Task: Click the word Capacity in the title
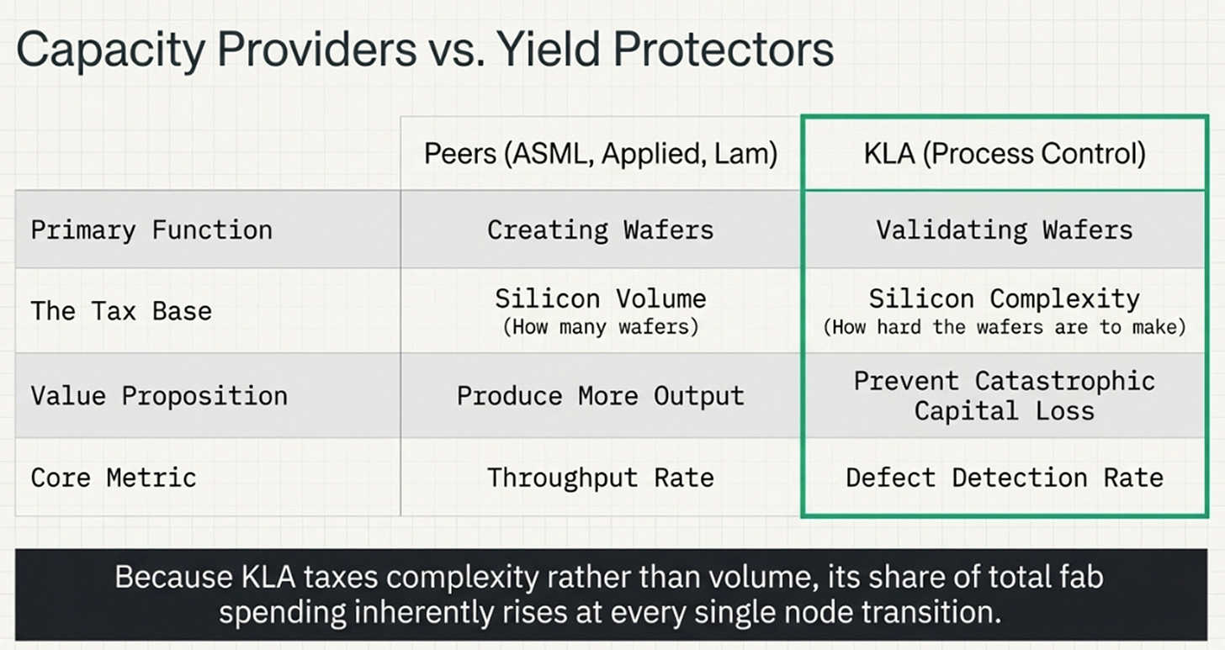[110, 50]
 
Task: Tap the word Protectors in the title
[723, 50]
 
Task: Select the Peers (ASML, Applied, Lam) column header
[601, 154]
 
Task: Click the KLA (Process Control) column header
[1005, 154]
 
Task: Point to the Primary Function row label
[151, 230]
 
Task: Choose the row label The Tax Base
[121, 311]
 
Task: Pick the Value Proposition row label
[159, 396]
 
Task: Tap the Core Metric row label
[114, 478]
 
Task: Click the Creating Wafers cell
[601, 230]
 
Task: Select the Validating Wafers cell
[1005, 230]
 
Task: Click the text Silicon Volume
[601, 299]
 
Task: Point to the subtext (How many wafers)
[601, 327]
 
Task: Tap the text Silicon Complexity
[1005, 299]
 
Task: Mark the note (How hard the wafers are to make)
[1005, 327]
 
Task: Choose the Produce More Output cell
[601, 396]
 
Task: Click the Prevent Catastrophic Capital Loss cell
[1005, 396]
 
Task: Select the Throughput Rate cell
[601, 478]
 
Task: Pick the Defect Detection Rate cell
[1005, 478]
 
